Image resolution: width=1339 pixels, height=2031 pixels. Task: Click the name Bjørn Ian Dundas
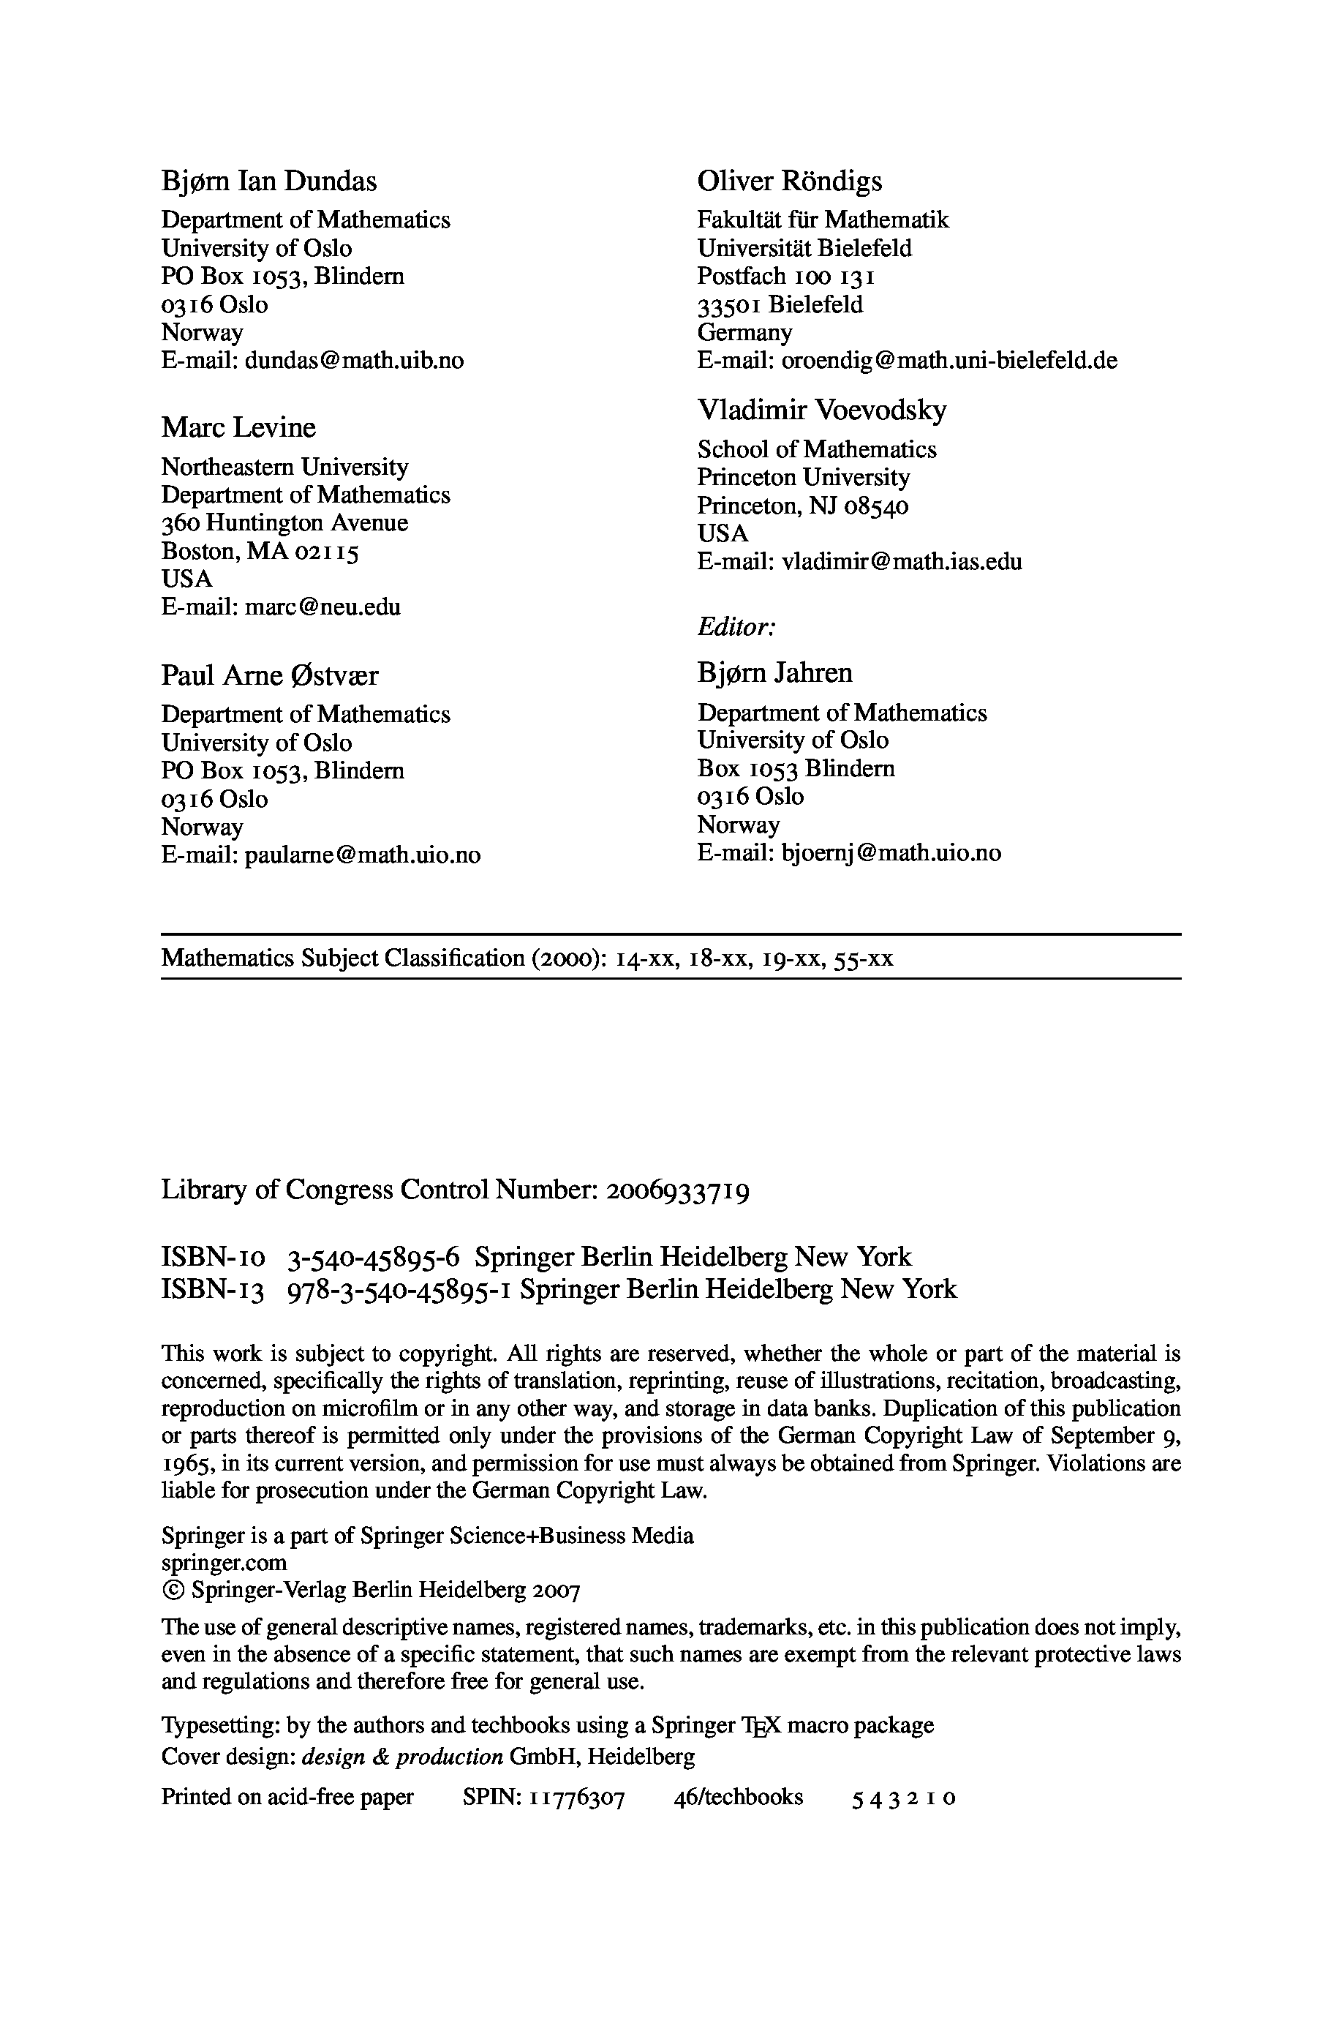pos(269,181)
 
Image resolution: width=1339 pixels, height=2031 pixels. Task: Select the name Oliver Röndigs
pos(789,181)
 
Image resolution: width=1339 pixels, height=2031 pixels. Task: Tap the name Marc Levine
pos(238,427)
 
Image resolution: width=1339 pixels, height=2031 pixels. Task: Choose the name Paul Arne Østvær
pos(269,675)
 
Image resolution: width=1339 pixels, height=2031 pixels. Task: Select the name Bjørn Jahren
pos(774,673)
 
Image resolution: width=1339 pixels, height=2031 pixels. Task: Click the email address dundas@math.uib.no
pos(355,361)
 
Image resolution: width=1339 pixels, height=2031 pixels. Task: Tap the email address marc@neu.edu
pos(323,607)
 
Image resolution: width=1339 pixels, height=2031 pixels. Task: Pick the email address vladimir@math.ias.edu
pos(902,562)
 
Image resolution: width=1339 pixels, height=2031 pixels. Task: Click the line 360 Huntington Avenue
pos(284,522)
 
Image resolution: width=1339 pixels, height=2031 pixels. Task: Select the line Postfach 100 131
pos(785,277)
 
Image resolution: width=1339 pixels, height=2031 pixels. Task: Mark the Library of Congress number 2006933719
pos(678,1190)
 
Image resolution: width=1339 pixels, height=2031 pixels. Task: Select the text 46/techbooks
pos(738,1798)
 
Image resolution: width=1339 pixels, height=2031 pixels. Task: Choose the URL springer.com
pos(224,1563)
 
